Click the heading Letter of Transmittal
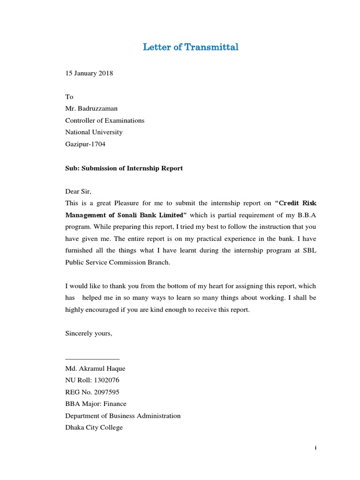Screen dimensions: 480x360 coord(190,47)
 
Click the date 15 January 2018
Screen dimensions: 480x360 coord(89,73)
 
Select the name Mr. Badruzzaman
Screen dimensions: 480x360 coord(91,108)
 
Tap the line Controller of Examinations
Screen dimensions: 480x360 coord(105,120)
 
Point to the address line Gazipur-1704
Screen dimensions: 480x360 coord(85,144)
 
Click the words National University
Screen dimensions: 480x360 coord(93,132)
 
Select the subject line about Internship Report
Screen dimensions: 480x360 coord(124,168)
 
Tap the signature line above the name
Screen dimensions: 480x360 coord(92,359)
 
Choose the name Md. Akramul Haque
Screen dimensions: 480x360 coord(95,368)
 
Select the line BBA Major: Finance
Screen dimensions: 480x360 coord(96,404)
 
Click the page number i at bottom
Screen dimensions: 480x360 coord(316,448)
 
